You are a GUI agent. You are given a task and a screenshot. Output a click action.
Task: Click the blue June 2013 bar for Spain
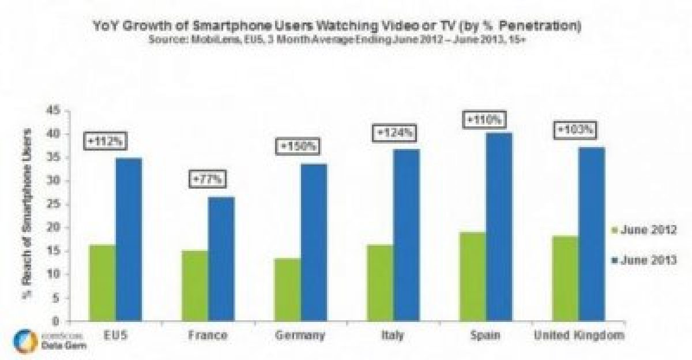tap(498, 227)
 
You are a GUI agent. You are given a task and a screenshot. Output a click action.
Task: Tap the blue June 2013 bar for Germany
tap(313, 242)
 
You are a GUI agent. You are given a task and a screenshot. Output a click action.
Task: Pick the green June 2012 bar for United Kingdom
tap(565, 278)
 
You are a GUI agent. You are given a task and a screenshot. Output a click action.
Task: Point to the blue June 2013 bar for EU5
tap(129, 239)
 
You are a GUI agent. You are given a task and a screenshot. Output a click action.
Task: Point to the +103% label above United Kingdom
tap(575, 130)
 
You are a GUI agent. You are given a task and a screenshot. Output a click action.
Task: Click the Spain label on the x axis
tap(486, 335)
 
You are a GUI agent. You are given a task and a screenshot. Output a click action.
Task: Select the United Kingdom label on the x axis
tap(578, 335)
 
